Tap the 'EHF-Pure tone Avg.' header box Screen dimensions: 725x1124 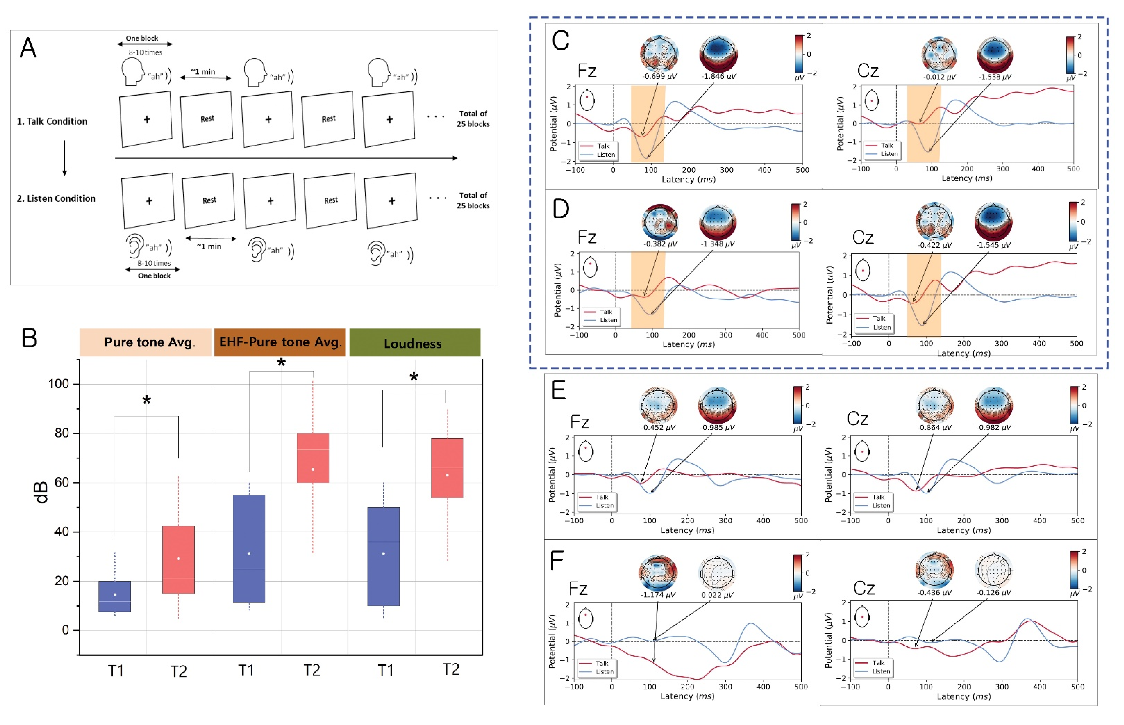coord(280,342)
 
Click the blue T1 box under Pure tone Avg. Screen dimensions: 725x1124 coord(115,596)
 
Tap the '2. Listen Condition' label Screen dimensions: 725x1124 coord(56,199)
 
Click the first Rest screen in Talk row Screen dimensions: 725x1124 coord(207,119)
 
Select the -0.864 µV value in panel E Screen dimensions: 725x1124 coord(934,427)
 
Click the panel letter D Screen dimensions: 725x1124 coord(560,209)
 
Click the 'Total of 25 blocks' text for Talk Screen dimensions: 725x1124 coord(473,119)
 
